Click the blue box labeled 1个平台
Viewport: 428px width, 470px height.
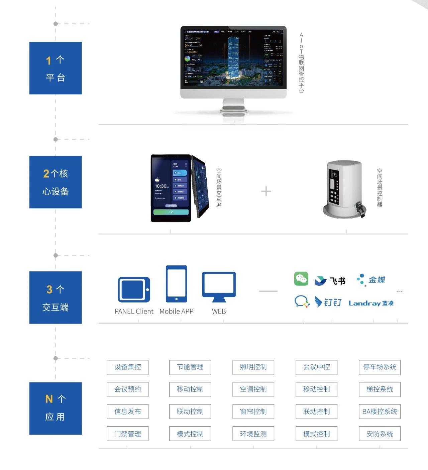(56, 68)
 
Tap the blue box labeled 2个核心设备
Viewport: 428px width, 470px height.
(56, 182)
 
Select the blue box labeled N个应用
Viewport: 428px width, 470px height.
(56, 408)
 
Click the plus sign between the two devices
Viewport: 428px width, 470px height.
(266, 192)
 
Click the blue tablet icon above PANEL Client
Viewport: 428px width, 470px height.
(134, 289)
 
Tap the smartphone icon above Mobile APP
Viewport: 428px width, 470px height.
(176, 284)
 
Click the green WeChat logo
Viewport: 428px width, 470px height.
(301, 279)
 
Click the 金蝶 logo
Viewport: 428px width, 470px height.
(371, 280)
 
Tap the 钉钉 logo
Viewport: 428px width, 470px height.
(328, 302)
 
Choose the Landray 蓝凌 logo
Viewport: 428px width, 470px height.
(371, 303)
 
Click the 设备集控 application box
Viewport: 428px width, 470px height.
(128, 367)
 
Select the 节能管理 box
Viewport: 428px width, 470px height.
(190, 367)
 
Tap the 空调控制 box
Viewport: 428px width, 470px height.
(253, 389)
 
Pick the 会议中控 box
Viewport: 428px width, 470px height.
(316, 367)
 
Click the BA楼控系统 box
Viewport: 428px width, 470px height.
(380, 412)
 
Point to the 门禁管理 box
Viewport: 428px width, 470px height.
(128, 434)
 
